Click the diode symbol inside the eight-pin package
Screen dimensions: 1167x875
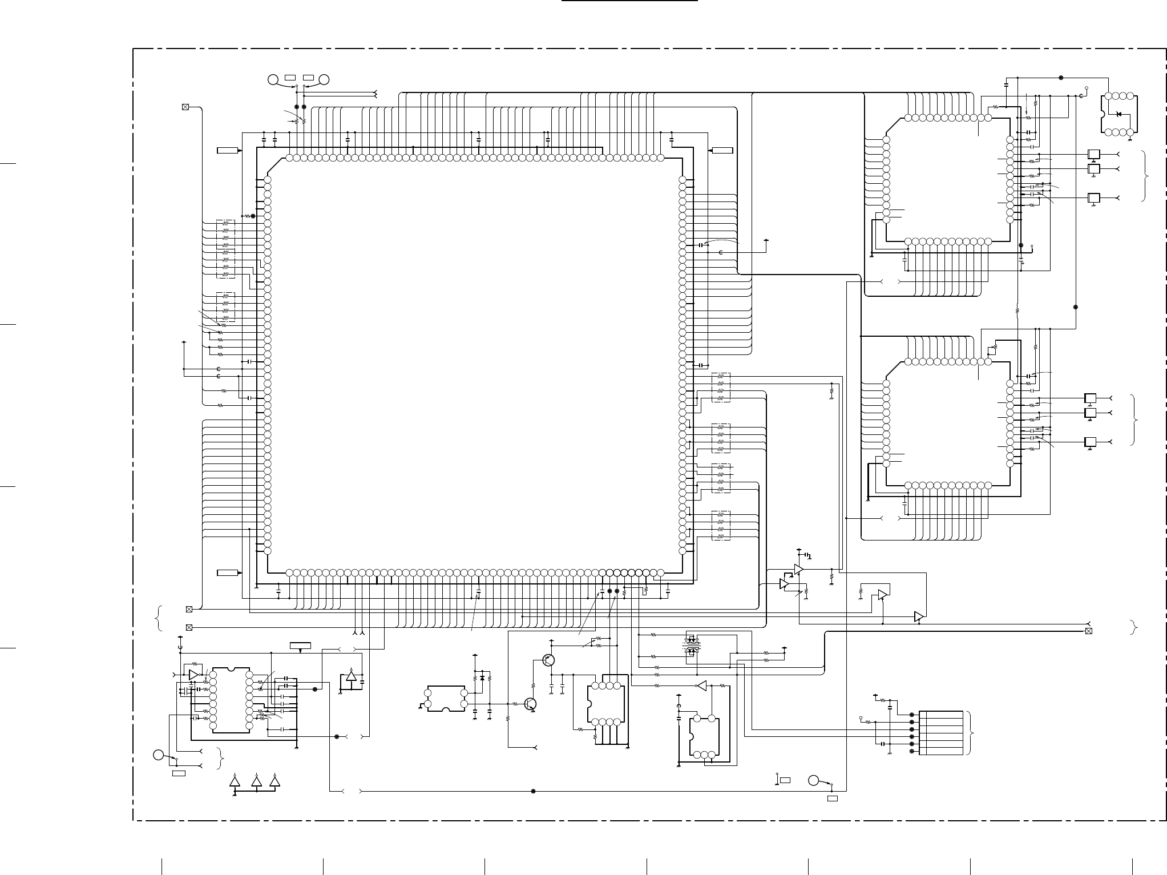(x=1118, y=114)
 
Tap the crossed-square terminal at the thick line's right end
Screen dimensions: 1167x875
(x=1088, y=631)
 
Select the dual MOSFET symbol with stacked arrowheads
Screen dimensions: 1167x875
(x=691, y=647)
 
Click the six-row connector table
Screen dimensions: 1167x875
(x=941, y=733)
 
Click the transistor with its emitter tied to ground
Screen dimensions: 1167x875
(x=531, y=704)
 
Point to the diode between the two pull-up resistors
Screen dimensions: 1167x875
(x=482, y=678)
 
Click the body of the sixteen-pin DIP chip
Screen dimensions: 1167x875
(x=231, y=700)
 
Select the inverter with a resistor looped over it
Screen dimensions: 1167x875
(x=194, y=675)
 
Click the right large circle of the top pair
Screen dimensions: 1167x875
(x=325, y=80)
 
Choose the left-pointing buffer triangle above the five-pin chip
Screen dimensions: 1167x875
(x=702, y=686)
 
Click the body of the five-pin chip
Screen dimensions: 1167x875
(x=704, y=736)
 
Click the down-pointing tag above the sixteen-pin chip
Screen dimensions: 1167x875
(x=301, y=646)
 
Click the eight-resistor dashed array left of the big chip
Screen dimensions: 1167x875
(x=225, y=249)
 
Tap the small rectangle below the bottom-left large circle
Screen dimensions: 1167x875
(x=179, y=773)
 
